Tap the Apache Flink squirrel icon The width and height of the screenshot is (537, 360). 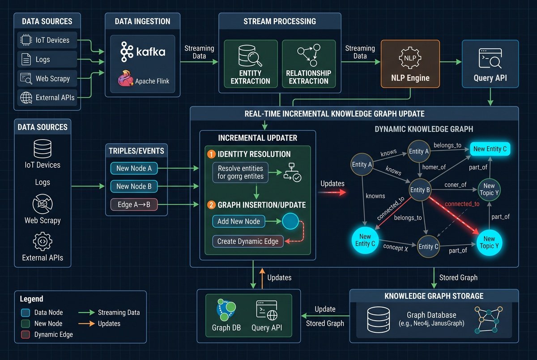tap(125, 78)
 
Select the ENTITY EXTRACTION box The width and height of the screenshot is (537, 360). tap(251, 64)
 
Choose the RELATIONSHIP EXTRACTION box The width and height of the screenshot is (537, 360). tap(309, 64)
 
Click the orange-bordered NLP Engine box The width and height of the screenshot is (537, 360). tap(410, 64)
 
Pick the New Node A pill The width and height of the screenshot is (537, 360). tap(134, 169)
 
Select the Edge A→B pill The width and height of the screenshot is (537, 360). tap(134, 204)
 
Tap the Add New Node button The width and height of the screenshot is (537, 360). tap(239, 221)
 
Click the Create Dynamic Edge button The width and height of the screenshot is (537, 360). tap(248, 241)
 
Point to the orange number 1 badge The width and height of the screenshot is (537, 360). tap(211, 154)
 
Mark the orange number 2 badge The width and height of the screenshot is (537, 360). tap(211, 205)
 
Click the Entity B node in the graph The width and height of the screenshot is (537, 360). tap(420, 190)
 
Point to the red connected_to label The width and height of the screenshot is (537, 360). tap(462, 204)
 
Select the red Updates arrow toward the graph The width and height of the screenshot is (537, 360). tap(332, 192)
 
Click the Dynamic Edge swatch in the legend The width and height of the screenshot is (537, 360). tap(26, 335)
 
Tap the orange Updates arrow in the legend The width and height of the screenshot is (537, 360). tap(86, 324)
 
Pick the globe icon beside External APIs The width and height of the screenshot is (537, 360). tap(26, 98)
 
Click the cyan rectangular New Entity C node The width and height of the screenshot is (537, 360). tap(490, 149)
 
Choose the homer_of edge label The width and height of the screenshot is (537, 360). tap(434, 167)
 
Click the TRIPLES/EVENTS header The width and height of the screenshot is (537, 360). tap(136, 151)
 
